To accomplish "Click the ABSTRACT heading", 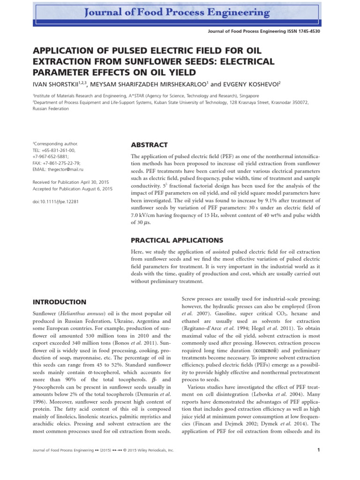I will pyautogui.click(x=149, y=145).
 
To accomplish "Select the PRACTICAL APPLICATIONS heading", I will pyautogui.click(x=173, y=240).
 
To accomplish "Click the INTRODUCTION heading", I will pyautogui.click(x=59, y=302).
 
